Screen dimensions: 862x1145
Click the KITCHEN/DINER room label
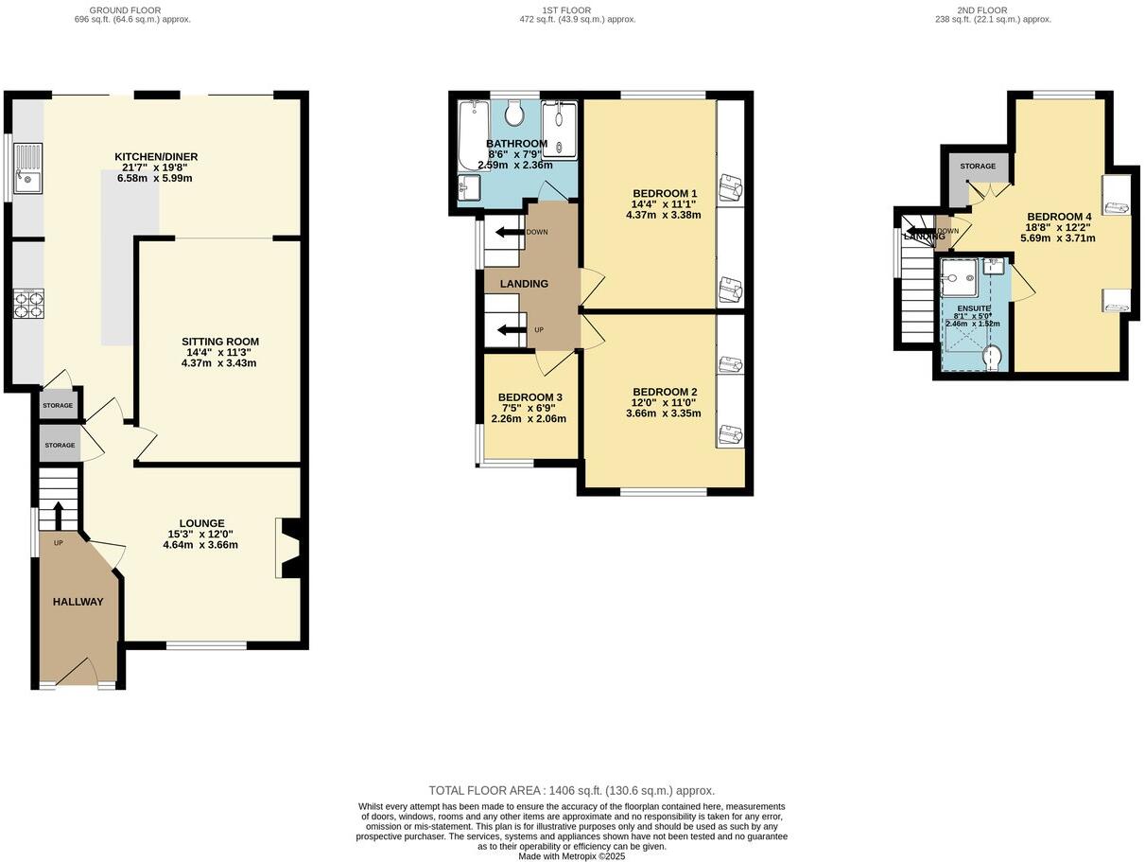[x=156, y=157]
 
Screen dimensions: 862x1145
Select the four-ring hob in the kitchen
[x=27, y=306]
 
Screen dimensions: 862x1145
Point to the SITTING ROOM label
[x=220, y=342]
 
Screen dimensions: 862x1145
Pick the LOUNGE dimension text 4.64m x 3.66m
[x=200, y=545]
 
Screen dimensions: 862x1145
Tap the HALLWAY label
[x=78, y=602]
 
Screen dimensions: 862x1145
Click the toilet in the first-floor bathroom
[x=515, y=114]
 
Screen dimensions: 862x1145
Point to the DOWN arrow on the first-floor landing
[x=509, y=232]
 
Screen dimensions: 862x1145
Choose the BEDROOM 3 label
[x=530, y=397]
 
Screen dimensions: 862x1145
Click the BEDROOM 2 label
[x=665, y=392]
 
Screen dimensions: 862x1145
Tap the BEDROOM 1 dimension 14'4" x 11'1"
[x=664, y=203]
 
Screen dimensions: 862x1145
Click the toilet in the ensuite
[x=992, y=357]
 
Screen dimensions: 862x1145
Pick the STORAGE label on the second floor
[x=978, y=167]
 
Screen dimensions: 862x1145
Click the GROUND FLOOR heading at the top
[x=132, y=10]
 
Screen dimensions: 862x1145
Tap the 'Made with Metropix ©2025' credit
[x=572, y=855]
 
